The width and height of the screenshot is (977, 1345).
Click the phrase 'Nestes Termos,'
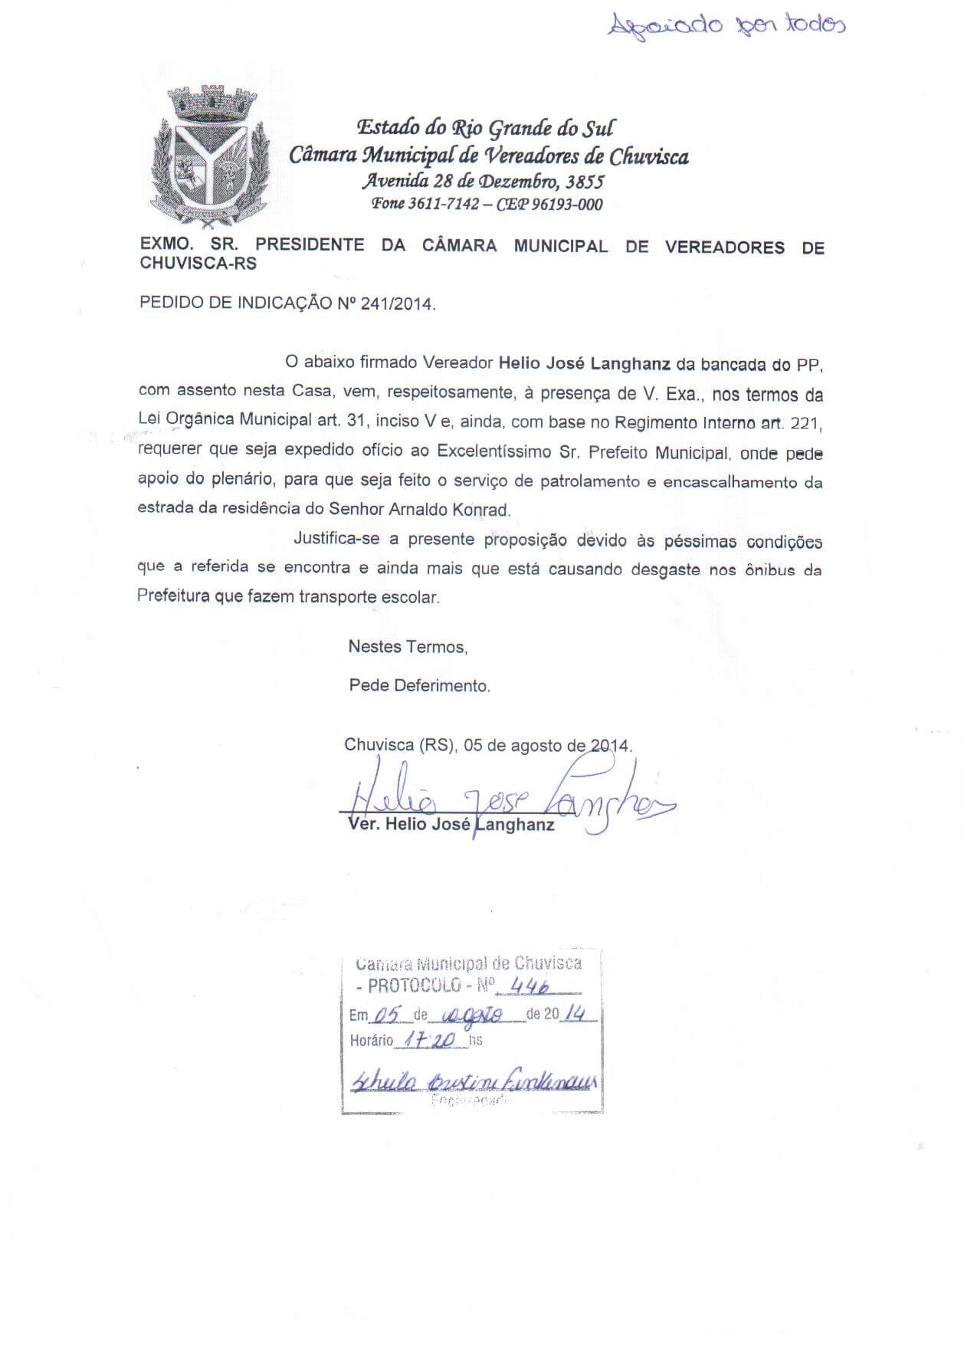[x=408, y=646]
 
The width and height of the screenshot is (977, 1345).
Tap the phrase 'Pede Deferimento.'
[x=419, y=685]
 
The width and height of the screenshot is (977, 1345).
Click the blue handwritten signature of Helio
[x=506, y=801]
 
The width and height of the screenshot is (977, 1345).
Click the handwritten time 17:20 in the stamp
[x=432, y=1040]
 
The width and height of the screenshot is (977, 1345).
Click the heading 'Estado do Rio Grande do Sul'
[x=486, y=128]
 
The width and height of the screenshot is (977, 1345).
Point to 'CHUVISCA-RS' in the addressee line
[x=198, y=264]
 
